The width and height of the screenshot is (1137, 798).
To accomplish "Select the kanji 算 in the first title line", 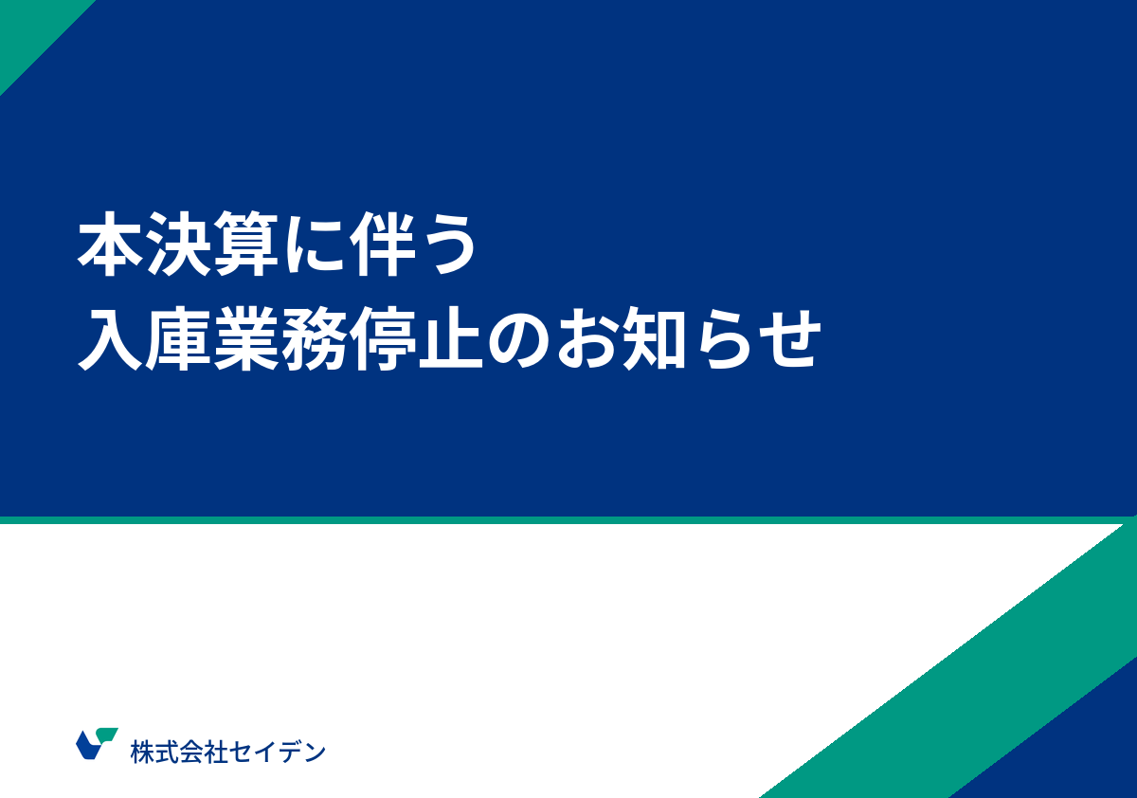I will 244,247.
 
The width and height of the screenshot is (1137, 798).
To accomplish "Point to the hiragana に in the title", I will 310,248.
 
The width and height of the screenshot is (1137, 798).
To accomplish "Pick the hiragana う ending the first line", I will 445,248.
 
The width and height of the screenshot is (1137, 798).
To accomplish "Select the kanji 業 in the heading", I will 244,339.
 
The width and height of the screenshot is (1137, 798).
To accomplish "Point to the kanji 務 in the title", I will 310,339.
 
